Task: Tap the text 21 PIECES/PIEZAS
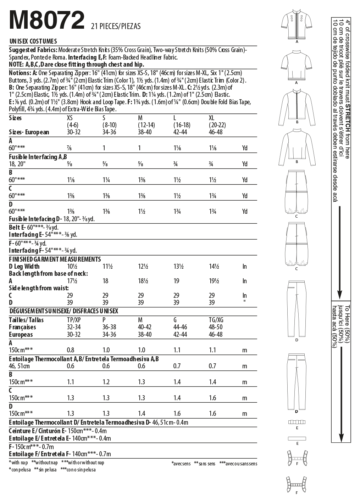click(x=116, y=26)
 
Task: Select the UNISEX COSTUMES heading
click(x=33, y=41)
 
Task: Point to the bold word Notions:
click(x=20, y=73)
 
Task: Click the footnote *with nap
click(x=18, y=463)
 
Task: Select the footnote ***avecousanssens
click(x=238, y=463)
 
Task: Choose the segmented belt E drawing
click(x=297, y=422)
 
